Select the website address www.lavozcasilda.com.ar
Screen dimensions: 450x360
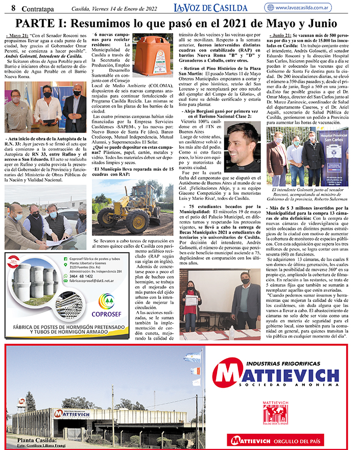312,8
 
